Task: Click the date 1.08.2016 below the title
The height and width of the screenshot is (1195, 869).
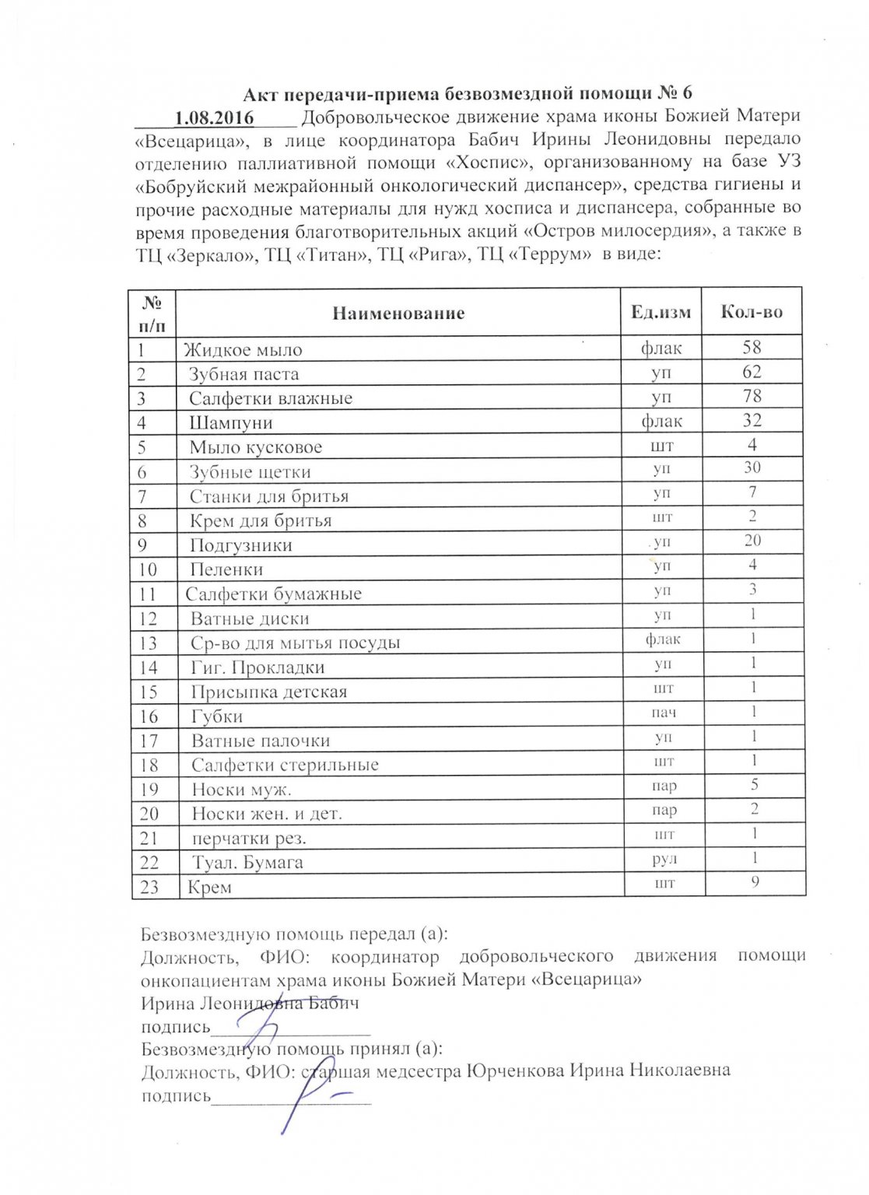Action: [x=214, y=117]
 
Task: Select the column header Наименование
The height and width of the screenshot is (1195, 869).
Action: [x=398, y=314]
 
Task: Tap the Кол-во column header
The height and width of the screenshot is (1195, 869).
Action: [x=752, y=312]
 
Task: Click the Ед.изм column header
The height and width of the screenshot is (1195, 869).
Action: [x=661, y=313]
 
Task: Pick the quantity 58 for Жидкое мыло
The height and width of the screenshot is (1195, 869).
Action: [x=752, y=347]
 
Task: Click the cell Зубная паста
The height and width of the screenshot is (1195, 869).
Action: [x=244, y=374]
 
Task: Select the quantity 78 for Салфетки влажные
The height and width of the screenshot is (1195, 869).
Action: [x=752, y=396]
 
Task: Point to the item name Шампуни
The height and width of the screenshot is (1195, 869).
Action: [x=230, y=423]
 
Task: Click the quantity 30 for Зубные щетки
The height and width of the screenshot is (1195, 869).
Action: [x=752, y=468]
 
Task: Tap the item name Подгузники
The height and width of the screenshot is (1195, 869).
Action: [x=240, y=545]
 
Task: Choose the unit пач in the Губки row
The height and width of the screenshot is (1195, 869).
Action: [x=664, y=713]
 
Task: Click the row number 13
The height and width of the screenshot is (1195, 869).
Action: [x=148, y=643]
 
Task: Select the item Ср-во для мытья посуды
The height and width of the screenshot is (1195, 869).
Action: [x=296, y=643]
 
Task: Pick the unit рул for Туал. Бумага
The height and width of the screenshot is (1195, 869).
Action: [x=664, y=860]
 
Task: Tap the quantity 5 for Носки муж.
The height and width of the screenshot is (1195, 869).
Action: [x=754, y=784]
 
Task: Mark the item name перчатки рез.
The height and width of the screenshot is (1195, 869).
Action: [x=249, y=839]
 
